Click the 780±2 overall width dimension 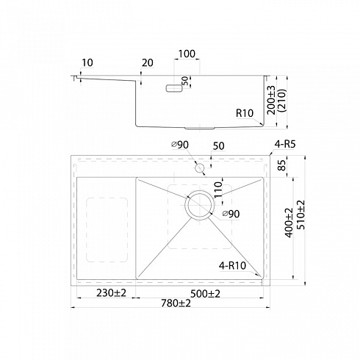[x=176, y=303]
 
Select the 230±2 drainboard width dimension [x=111, y=292]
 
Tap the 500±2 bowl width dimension [x=205, y=293]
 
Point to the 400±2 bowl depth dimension [x=289, y=223]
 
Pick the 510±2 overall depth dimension [x=301, y=215]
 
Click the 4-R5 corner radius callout [x=285, y=144]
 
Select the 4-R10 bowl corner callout [x=232, y=265]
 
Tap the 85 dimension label [x=282, y=165]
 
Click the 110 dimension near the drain [x=217, y=189]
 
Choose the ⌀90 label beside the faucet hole [x=180, y=145]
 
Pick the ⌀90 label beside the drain [x=231, y=214]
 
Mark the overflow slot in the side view [x=174, y=88]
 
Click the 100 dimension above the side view [x=187, y=54]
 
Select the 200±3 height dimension [x=271, y=100]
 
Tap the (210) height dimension [x=283, y=101]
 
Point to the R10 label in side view [x=245, y=113]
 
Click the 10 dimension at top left [x=87, y=62]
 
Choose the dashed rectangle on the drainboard [x=86, y=230]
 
